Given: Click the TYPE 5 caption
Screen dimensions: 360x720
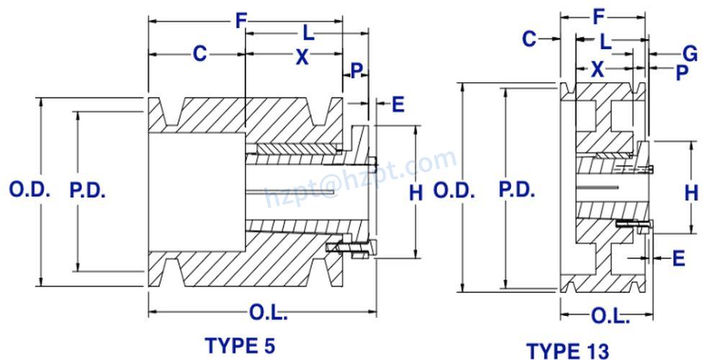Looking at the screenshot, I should (240, 345).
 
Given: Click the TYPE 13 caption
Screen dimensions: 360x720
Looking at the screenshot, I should (568, 351).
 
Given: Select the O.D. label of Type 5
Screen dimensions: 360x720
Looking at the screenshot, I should (29, 191).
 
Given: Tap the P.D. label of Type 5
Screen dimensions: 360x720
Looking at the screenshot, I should (88, 191).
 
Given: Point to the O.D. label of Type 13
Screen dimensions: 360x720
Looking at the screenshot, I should (454, 191).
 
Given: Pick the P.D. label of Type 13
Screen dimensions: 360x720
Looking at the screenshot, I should (516, 190).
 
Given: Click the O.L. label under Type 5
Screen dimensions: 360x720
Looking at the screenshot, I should (268, 313).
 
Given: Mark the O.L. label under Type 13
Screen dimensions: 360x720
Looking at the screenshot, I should (610, 316).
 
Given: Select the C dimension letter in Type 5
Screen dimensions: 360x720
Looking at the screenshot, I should (199, 54).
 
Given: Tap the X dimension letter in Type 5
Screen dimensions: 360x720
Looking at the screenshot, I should (302, 57).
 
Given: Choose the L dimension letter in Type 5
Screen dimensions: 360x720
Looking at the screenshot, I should (308, 32).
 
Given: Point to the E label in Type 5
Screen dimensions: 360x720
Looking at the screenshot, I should (397, 104).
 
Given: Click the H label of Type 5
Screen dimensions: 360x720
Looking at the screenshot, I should (415, 192).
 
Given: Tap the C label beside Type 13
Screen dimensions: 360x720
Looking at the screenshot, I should (530, 38).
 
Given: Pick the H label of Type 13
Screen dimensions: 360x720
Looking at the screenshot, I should (691, 192).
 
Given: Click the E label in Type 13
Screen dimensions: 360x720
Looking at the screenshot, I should (678, 258).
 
